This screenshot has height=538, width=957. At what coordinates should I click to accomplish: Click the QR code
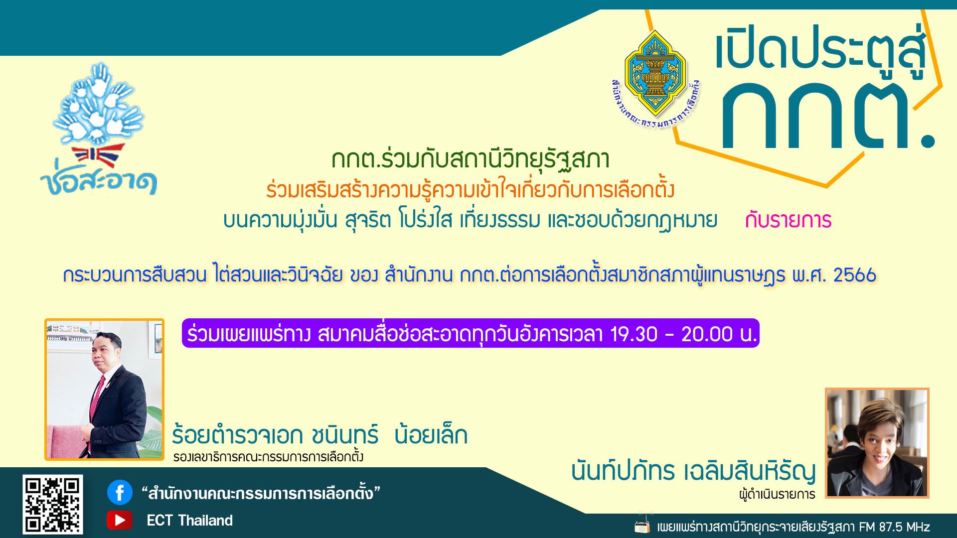(52, 504)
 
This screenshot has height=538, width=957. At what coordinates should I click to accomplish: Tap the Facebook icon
(120, 493)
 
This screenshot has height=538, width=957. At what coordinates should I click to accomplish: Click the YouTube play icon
(119, 520)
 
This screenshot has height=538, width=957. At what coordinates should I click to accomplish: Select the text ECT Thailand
(189, 521)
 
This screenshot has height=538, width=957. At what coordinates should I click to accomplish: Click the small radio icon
(642, 526)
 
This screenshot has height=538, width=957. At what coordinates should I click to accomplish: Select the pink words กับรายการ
(788, 220)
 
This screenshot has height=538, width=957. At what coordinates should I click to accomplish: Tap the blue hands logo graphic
(100, 105)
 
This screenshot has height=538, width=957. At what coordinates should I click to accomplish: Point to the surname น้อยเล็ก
(431, 435)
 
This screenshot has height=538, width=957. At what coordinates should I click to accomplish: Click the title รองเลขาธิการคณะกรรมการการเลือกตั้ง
(268, 457)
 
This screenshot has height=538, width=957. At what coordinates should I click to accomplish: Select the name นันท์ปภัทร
(623, 471)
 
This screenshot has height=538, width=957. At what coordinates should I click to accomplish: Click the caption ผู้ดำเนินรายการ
(777, 494)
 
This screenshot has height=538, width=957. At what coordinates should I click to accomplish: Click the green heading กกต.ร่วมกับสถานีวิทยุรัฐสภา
(471, 159)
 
